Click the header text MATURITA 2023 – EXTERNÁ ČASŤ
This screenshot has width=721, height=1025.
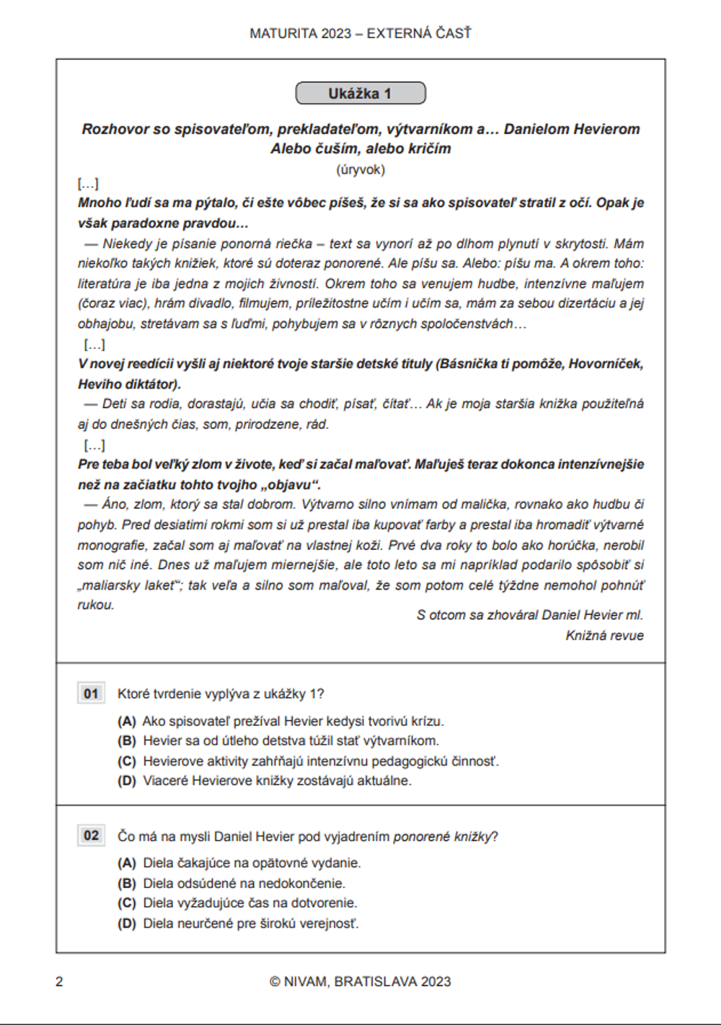coord(360,33)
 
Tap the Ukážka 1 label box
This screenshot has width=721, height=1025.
coord(360,94)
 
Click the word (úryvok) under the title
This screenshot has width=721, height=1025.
coord(360,170)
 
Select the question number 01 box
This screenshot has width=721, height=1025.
coord(91,693)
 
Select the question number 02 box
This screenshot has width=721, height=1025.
coord(91,835)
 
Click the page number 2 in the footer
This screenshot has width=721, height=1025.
coord(59,982)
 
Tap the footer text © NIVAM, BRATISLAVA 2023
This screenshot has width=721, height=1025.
coord(360,982)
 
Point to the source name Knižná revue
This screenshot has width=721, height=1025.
coord(604,636)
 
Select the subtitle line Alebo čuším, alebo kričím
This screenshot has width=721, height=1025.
coord(360,149)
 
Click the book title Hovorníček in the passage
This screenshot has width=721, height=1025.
coord(606,364)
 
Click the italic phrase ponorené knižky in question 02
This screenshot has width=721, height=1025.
coord(442,837)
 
